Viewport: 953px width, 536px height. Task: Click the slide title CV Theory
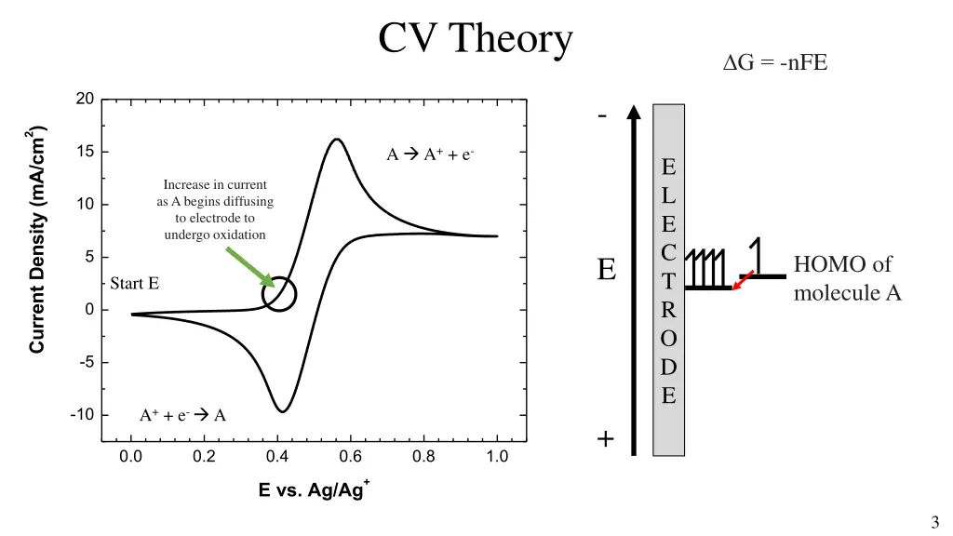476,39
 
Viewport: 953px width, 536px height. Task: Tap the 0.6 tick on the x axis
351,456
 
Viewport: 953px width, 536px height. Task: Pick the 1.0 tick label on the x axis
497,456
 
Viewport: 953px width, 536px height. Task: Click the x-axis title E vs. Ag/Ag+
315,489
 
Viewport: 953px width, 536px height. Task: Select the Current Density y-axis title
37,240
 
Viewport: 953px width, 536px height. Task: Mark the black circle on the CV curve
279,294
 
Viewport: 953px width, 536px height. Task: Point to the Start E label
134,283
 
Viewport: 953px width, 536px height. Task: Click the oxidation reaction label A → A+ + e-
431,154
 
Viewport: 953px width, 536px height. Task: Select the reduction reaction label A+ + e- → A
183,415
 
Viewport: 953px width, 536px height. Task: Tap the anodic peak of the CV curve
336,140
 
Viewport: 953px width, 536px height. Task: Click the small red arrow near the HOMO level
742,280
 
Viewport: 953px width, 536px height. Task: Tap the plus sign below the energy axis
605,438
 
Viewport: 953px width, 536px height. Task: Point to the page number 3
933,522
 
